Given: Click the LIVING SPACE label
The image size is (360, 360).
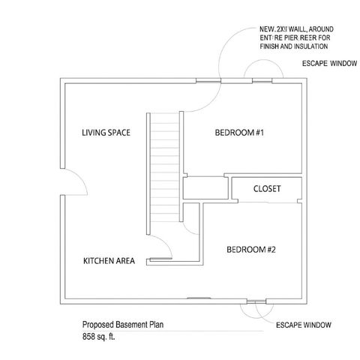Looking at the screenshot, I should [x=106, y=133].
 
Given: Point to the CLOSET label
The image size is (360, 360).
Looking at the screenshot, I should [x=267, y=189].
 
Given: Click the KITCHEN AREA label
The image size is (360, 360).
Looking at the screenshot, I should [x=109, y=261].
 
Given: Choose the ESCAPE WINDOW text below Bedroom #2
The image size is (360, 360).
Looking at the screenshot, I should [x=304, y=325].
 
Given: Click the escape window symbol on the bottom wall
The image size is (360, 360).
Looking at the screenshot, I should [x=256, y=301].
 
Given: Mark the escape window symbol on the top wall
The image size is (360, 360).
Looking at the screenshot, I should [x=262, y=78].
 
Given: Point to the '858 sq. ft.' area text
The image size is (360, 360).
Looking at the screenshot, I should [x=100, y=336].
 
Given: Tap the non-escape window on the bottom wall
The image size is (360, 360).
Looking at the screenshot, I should [x=199, y=298].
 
